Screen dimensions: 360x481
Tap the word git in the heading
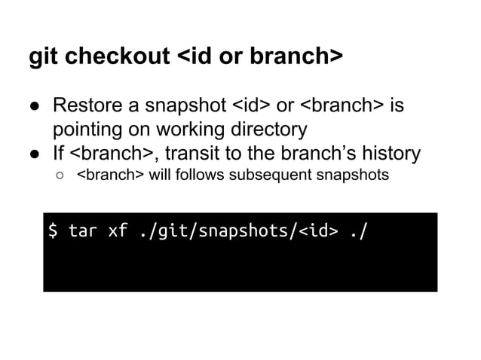tap(41, 57)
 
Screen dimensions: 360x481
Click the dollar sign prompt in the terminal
tap(53, 230)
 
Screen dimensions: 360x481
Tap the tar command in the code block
tap(83, 230)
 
